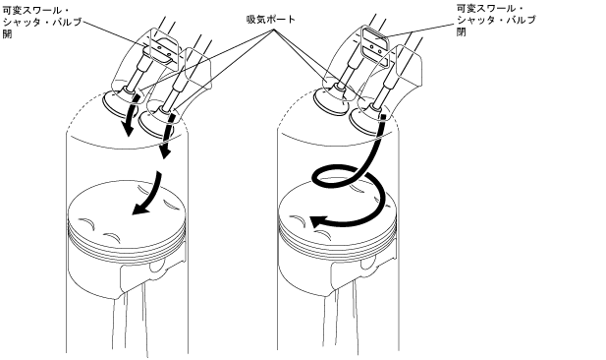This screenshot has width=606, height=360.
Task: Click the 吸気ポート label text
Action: click(x=271, y=19)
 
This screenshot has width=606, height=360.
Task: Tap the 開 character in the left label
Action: click(x=7, y=34)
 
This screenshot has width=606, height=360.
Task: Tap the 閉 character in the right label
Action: click(x=462, y=31)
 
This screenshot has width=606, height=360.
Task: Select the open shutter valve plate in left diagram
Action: click(x=163, y=49)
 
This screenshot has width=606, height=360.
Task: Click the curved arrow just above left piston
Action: click(x=148, y=195)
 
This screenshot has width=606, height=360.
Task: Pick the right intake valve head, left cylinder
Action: click(x=157, y=124)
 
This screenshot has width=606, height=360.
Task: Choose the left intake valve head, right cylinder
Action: click(x=331, y=101)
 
